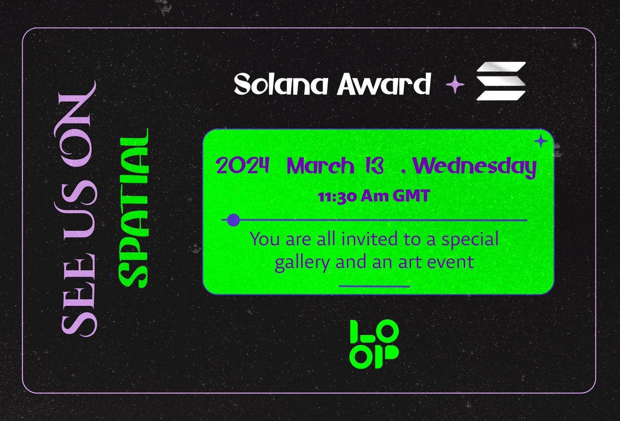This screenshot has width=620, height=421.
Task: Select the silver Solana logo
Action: point(501,81)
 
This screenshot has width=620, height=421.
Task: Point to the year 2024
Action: point(243,166)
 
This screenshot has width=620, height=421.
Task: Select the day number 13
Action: point(371,166)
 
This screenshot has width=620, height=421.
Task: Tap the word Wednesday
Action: point(474,166)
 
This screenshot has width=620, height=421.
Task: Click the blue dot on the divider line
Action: point(234,220)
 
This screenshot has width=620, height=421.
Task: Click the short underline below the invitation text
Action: point(374,286)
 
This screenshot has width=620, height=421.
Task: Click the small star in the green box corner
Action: point(540,141)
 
